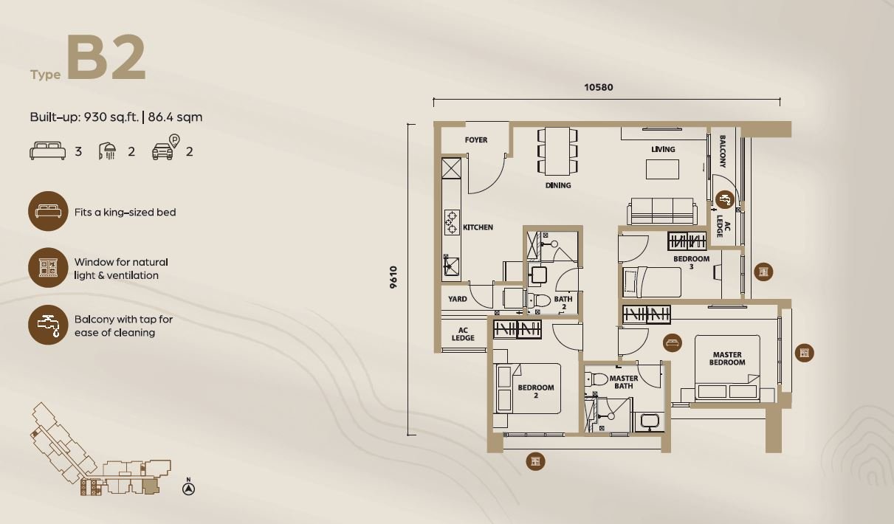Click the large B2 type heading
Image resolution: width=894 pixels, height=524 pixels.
[106, 57]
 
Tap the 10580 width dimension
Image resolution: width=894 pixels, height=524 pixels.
[598, 87]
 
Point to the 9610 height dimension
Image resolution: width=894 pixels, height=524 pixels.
[393, 277]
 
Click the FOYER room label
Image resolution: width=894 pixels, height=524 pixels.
[475, 139]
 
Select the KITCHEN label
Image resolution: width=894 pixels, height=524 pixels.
[478, 227]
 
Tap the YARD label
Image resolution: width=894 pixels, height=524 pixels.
[458, 299]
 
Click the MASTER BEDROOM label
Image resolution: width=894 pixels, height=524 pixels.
[727, 359]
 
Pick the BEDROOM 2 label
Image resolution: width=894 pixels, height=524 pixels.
[536, 391]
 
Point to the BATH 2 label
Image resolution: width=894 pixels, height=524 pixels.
[563, 303]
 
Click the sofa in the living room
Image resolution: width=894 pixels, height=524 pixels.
[662, 211]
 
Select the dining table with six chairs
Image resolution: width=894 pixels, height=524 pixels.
[557, 151]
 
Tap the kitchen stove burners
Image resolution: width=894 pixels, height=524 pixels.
[452, 222]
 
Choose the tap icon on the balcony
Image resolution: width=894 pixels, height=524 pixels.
[724, 199]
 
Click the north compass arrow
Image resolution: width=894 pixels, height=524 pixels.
[188, 489]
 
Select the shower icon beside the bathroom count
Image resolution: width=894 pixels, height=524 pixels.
[107, 151]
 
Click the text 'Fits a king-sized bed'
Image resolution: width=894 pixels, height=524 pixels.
[125, 212]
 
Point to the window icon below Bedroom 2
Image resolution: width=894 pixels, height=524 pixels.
[535, 461]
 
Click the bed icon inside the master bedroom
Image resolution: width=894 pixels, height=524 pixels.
[673, 343]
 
